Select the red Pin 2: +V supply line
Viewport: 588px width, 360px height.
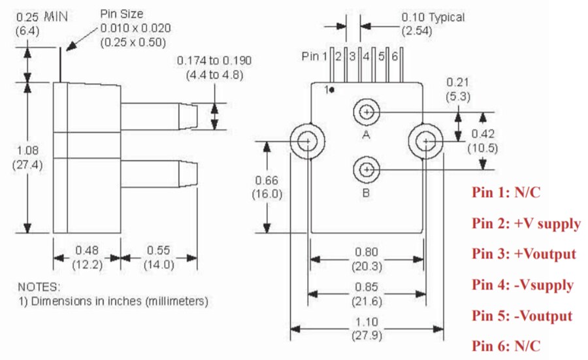(526, 223)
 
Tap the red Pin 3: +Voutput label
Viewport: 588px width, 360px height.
(524, 254)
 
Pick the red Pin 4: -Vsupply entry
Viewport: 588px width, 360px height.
(523, 285)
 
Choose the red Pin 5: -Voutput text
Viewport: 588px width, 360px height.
(522, 316)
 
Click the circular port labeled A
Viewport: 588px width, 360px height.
(367, 112)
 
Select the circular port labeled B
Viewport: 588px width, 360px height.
(367, 171)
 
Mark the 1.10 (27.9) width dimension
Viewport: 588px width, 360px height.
(367, 329)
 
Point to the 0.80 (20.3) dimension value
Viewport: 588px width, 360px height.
(367, 259)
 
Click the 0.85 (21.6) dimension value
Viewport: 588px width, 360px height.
(367, 293)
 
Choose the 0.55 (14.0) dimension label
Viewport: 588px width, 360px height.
(159, 257)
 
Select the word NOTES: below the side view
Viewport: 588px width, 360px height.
(39, 287)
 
